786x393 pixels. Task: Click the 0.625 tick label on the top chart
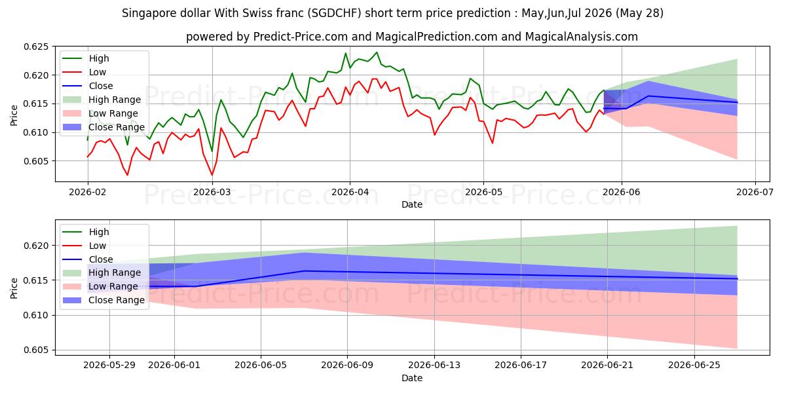tap(35, 47)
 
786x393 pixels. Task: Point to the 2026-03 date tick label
tap(212, 193)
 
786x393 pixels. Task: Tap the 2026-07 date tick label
tap(755, 193)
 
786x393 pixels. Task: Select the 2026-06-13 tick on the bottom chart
tap(434, 365)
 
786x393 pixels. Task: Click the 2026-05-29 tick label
tap(109, 365)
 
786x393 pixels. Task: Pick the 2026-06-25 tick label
tap(694, 365)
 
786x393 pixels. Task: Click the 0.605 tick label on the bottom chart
tap(35, 350)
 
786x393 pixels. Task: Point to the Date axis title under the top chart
tap(412, 204)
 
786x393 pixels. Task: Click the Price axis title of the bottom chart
tap(14, 288)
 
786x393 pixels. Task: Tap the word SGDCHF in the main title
tap(336, 13)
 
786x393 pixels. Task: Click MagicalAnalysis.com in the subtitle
tap(582, 37)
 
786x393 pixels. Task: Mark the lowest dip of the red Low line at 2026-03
tap(212, 175)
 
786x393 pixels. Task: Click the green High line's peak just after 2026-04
tap(377, 52)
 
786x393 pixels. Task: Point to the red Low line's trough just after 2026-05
tap(493, 143)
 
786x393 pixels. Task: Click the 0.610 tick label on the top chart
tap(35, 132)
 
